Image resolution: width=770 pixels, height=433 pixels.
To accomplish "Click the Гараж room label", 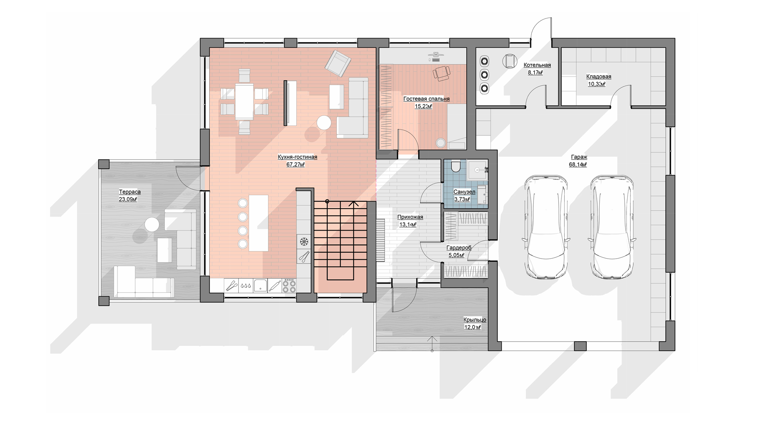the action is [x=579, y=157].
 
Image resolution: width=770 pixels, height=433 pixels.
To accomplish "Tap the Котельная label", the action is [x=537, y=65].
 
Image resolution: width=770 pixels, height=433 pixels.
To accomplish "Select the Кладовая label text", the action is [x=598, y=77].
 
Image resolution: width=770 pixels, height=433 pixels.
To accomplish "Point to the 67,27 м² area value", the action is [x=296, y=165].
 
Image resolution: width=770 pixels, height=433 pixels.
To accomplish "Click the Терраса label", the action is [x=130, y=192].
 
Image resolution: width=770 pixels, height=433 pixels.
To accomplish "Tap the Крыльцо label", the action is [x=475, y=320].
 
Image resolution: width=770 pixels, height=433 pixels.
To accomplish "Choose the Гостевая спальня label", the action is [x=426, y=99].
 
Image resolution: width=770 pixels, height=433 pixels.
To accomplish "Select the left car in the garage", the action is [x=546, y=227].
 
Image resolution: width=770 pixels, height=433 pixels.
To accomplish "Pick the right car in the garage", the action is [x=612, y=227].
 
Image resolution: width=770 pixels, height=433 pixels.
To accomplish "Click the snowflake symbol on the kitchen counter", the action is [x=304, y=242].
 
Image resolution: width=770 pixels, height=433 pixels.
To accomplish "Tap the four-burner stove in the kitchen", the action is [x=289, y=285].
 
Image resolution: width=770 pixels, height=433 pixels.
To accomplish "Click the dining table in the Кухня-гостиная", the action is [x=244, y=101].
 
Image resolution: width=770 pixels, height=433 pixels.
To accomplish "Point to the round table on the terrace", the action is [x=152, y=225].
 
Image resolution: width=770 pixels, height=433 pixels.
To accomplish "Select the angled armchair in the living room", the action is [x=338, y=63].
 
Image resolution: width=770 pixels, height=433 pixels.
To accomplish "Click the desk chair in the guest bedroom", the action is [x=441, y=73].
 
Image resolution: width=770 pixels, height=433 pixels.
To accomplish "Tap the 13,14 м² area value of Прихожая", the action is [x=408, y=225].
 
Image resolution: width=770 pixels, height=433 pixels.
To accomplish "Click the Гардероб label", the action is [x=459, y=248].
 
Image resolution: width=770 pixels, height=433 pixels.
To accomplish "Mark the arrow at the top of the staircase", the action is [x=353, y=204].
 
